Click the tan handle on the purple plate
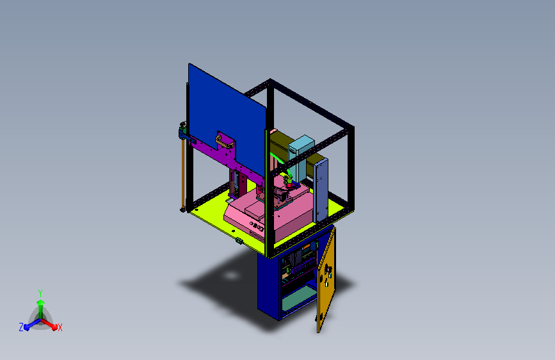[x=225, y=142]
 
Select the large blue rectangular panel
[x=227, y=117]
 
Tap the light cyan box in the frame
[x=301, y=156]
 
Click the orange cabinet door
[x=326, y=280]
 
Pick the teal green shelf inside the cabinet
[x=299, y=297]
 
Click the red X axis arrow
[x=49, y=324]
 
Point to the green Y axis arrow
[x=41, y=309]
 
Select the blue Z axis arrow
[x=32, y=324]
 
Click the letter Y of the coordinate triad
[x=40, y=293]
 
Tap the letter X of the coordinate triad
[x=60, y=327]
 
